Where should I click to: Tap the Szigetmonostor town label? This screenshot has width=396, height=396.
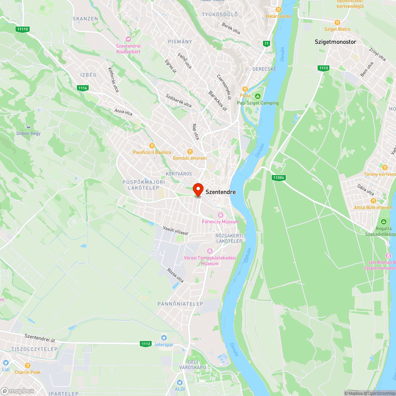tap(335, 42)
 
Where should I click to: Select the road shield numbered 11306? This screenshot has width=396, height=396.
tap(279, 177)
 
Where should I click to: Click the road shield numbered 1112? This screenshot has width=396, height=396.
tap(146, 344)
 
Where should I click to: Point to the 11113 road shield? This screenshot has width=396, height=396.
tap(23, 29)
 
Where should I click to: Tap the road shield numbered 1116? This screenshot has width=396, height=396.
tap(83, 88)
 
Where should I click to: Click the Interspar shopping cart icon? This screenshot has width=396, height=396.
tap(164, 337)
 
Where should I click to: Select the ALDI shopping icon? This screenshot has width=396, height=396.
tap(180, 383)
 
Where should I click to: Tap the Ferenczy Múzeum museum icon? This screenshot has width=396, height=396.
tap(221, 215)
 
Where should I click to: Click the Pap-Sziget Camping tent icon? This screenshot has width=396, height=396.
tap(258, 96)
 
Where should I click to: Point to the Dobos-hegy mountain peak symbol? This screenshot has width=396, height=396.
tap(28, 126)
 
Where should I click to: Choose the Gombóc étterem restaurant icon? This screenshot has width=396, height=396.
tap(190, 151)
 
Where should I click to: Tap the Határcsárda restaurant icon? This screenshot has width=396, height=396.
tap(278, 10)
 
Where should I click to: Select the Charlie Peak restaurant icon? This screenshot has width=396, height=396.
tap(28, 365)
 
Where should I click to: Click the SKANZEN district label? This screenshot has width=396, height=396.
tap(85, 19)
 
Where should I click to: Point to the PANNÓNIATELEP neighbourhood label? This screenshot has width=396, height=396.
tap(180, 304)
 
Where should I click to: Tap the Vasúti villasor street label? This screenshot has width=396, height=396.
tap(176, 231)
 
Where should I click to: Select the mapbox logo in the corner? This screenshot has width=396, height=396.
tap(17, 391)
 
